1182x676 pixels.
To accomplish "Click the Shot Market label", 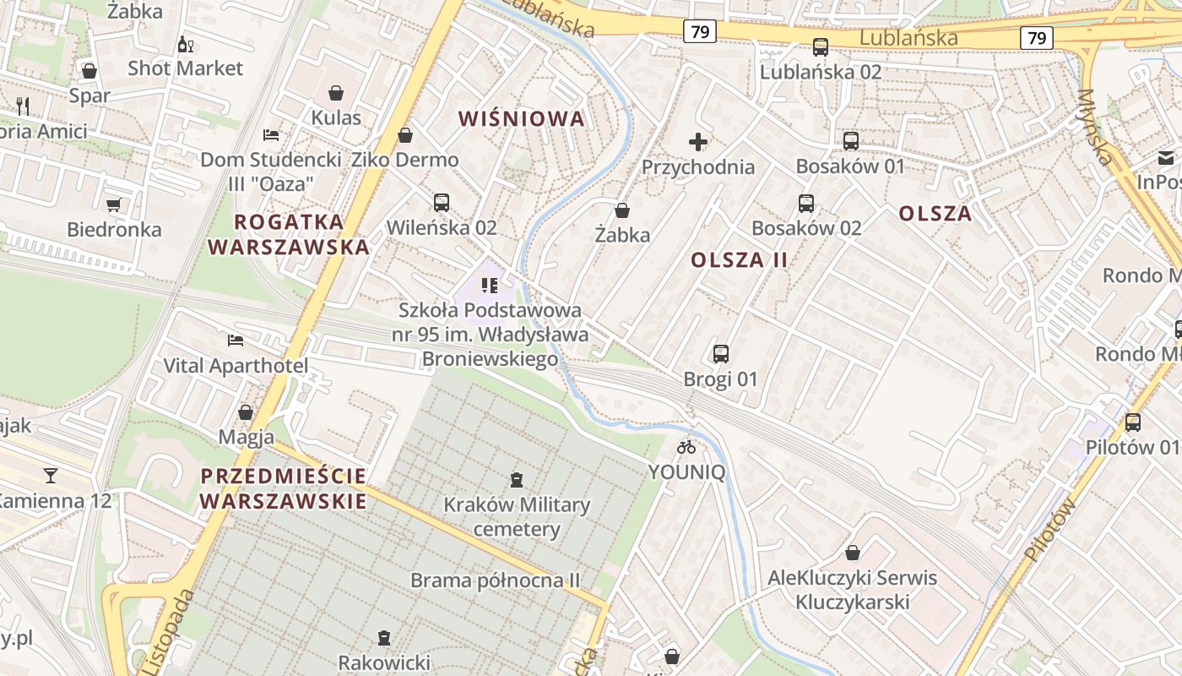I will [185, 68].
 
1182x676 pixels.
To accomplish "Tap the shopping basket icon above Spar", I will [89, 71].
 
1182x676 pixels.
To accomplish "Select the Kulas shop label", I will [336, 117].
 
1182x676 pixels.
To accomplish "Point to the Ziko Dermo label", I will [405, 160].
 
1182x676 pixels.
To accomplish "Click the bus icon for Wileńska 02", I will [441, 203].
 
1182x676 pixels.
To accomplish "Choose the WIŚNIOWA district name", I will [522, 119].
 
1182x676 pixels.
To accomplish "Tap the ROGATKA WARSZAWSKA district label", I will [289, 235].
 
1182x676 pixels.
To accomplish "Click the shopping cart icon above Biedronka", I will [114, 204].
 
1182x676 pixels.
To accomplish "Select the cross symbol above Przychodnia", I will [698, 142].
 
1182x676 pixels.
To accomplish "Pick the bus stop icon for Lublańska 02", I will [820, 47].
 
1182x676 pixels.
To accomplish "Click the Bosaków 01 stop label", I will [850, 166].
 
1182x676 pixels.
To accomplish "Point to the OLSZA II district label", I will [740, 260].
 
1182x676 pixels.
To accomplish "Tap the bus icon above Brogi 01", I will [721, 354].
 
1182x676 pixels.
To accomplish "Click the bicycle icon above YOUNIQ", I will [686, 447].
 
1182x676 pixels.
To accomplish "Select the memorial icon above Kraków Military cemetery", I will [517, 481].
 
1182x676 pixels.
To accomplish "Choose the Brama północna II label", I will [496, 581].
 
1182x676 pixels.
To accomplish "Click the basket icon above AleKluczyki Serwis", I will [853, 553].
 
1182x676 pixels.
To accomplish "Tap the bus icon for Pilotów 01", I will [1133, 422].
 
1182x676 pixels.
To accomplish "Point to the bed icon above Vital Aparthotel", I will [236, 341].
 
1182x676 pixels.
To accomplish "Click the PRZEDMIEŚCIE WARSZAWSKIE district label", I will [284, 488].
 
